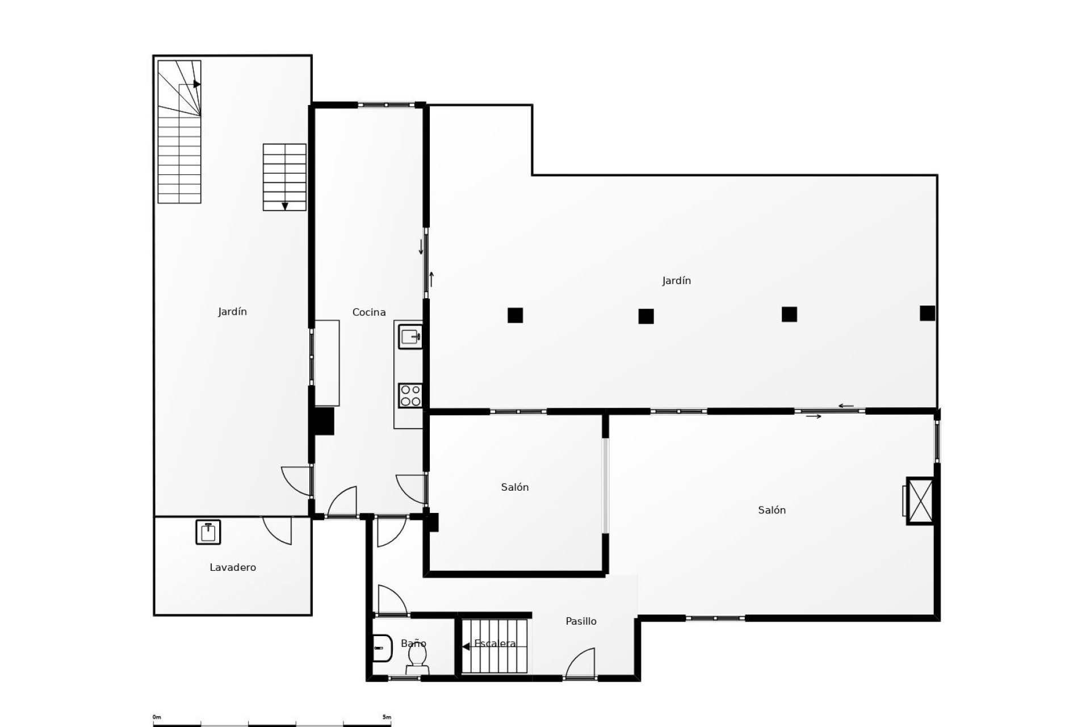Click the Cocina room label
[x=368, y=312]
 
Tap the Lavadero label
[x=233, y=567]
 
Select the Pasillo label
[x=581, y=621]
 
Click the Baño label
[x=413, y=644]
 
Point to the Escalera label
[x=495, y=644]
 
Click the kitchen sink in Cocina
[x=410, y=337]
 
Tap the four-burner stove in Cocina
[x=410, y=395]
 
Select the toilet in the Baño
[x=417, y=659]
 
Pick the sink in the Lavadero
[x=208, y=532]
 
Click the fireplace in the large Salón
[x=920, y=500]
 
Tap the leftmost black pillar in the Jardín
[x=515, y=315]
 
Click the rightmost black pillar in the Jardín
[x=927, y=313]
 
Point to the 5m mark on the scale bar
[x=387, y=717]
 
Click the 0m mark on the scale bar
[x=157, y=717]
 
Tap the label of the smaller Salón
[x=514, y=487]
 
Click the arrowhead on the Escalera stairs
[x=466, y=646]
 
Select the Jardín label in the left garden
[x=232, y=312]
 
